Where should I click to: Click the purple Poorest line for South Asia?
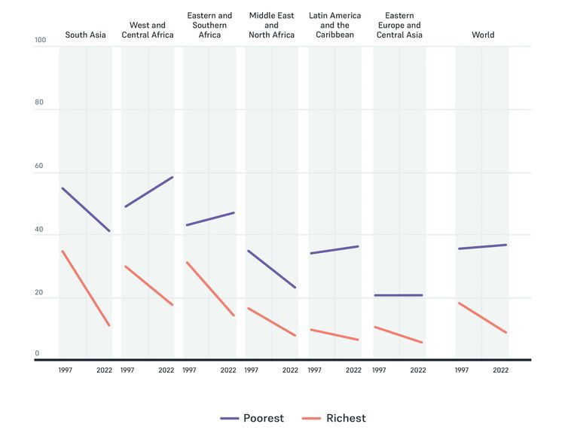click(x=86, y=209)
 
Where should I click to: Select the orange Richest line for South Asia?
click(x=86, y=288)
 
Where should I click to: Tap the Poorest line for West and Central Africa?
click(x=148, y=192)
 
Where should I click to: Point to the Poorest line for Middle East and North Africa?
click(x=271, y=270)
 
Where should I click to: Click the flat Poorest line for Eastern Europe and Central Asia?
click(x=398, y=295)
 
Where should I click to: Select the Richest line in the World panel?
click(x=482, y=318)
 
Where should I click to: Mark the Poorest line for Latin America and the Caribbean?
click(x=334, y=250)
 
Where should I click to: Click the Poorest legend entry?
click(x=252, y=418)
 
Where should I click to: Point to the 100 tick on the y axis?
click(x=40, y=40)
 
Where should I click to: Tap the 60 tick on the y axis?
click(x=40, y=166)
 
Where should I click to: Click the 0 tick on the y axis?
click(x=36, y=353)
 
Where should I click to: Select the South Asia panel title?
click(x=86, y=35)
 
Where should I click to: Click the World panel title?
click(x=483, y=35)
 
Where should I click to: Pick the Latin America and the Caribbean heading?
click(x=335, y=25)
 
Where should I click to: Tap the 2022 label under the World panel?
click(x=500, y=370)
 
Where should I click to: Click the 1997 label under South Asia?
click(x=66, y=370)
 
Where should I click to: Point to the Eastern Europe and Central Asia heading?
click(x=399, y=25)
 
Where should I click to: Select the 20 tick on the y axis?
click(x=40, y=293)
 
